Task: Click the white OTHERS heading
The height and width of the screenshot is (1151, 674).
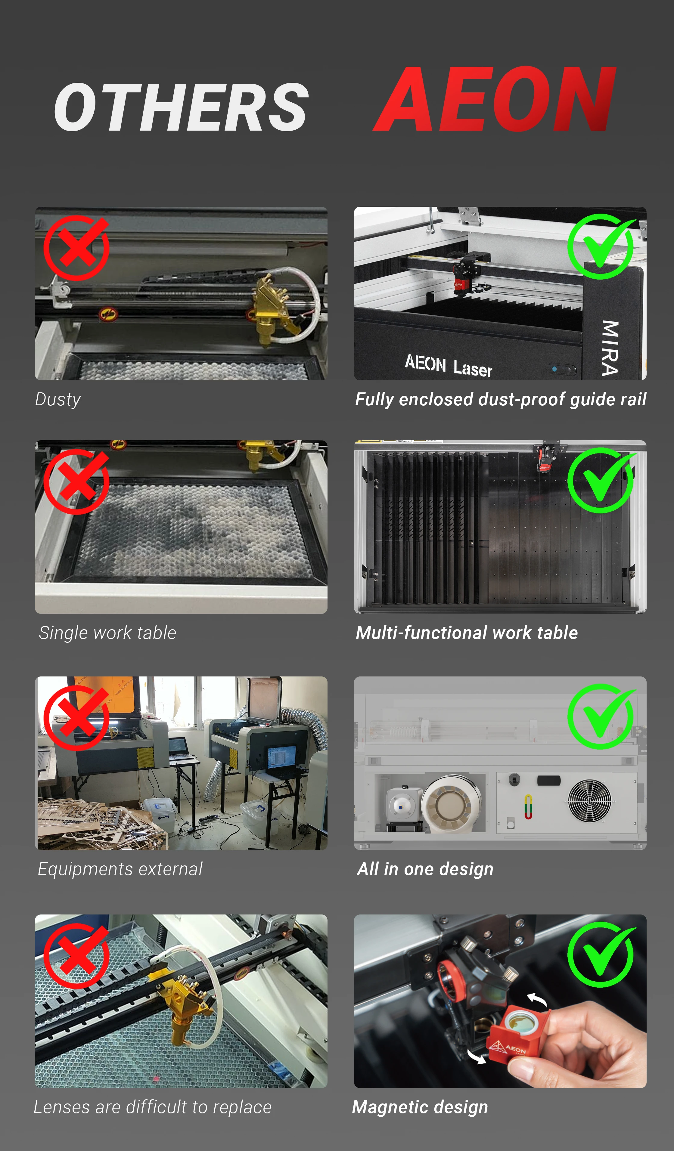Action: coord(181,107)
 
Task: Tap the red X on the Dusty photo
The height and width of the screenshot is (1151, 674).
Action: coord(77,248)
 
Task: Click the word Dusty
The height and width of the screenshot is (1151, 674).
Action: coord(58,400)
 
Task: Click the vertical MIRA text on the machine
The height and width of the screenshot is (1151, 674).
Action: coord(610,347)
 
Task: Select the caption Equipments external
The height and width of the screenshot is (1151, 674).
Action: coord(120,869)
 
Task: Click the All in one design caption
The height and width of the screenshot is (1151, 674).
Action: coord(425,869)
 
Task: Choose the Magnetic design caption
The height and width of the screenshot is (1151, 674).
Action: coord(420,1107)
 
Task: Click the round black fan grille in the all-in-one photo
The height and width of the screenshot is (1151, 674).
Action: coord(589,800)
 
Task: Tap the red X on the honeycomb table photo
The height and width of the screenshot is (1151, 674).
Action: coord(77,481)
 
